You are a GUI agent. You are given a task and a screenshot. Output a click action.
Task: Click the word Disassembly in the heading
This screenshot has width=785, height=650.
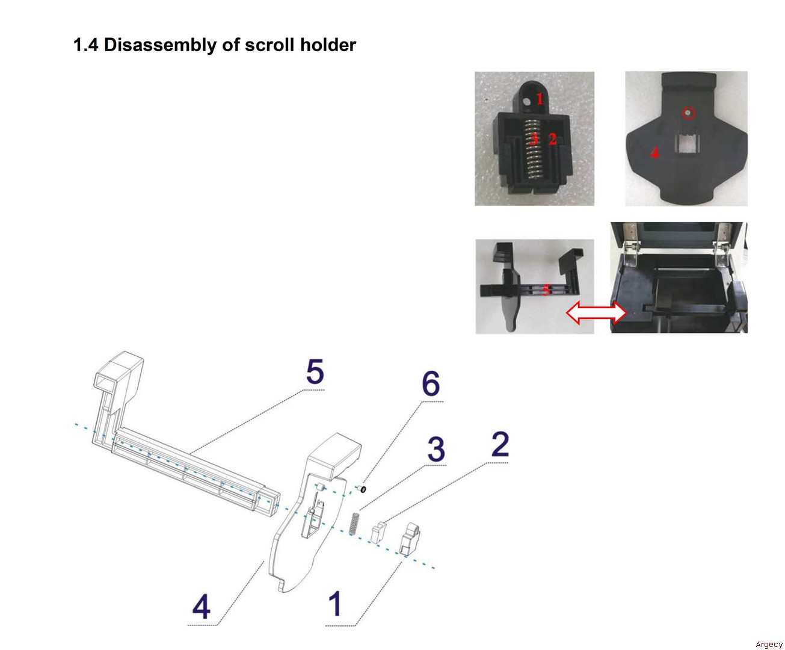(x=160, y=45)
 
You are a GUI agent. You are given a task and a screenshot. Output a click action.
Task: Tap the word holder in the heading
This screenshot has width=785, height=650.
(x=328, y=45)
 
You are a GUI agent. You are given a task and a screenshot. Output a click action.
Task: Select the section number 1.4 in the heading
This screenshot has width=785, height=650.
(x=85, y=45)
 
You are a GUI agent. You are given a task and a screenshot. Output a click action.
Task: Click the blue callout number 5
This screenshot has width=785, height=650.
(x=315, y=371)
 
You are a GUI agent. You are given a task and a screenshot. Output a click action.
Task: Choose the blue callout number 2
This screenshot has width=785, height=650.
(x=500, y=444)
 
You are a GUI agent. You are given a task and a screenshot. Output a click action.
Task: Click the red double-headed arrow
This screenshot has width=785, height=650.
(x=596, y=312)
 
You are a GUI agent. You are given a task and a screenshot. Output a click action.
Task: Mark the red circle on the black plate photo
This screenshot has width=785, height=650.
(x=688, y=113)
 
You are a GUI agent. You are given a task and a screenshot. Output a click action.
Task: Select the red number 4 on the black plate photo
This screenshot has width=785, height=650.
(x=654, y=153)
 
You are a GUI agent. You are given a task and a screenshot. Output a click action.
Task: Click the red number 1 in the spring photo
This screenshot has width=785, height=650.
(x=540, y=99)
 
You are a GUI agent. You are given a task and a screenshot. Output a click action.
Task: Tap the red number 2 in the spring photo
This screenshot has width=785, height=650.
(x=552, y=139)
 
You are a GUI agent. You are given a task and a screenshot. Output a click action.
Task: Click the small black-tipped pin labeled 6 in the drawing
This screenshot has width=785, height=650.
(x=362, y=489)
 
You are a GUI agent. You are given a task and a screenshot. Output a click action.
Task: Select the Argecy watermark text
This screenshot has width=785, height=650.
(x=769, y=645)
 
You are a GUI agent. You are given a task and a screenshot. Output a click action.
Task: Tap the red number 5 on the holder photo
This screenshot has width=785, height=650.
(x=546, y=289)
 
